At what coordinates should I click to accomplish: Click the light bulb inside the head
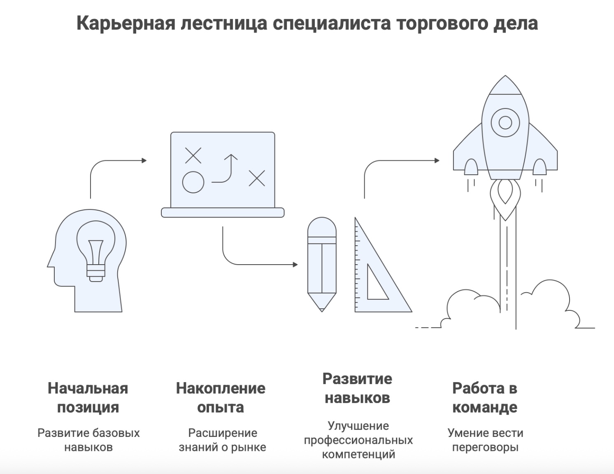[x=95, y=251]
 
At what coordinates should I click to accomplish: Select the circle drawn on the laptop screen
[x=193, y=182]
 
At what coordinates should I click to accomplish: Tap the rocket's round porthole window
[x=505, y=122]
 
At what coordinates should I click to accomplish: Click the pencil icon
[x=322, y=264]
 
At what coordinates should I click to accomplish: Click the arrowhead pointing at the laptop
[x=144, y=160]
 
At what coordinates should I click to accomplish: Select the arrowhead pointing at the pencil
[x=295, y=265]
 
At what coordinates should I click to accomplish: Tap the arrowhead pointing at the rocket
[x=437, y=160]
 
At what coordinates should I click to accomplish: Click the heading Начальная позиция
[x=88, y=397]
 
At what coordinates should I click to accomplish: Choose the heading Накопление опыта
[x=221, y=397]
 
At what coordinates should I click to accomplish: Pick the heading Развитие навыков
[x=357, y=388]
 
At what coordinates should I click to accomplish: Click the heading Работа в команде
[x=485, y=397]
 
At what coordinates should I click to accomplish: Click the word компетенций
[x=358, y=455]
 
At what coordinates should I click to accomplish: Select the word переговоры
[x=485, y=448]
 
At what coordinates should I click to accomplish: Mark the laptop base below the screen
[x=223, y=213]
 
